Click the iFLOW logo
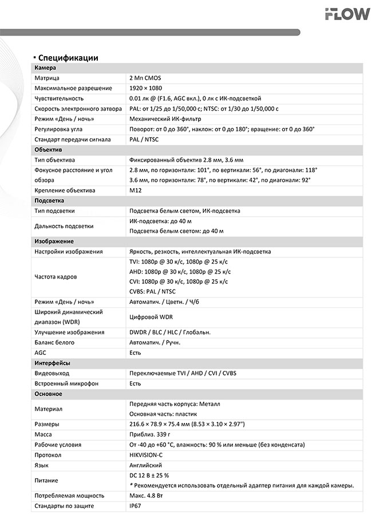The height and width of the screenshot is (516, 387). click(352, 14)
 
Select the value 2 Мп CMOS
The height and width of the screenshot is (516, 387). click(147, 78)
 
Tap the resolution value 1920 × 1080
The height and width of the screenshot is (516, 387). click(146, 88)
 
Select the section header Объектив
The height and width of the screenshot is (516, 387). click(49, 150)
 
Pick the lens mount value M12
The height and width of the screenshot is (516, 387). click(136, 190)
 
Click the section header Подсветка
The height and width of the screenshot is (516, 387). click(49, 201)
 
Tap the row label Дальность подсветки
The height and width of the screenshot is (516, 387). click(64, 226)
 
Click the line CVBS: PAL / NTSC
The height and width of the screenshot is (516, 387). click(153, 291)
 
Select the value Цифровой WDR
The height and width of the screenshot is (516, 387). click(151, 316)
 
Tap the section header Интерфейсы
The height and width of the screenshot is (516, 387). click(52, 363)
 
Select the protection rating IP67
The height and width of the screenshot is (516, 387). click(135, 506)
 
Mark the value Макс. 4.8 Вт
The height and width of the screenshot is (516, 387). click(151, 495)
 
